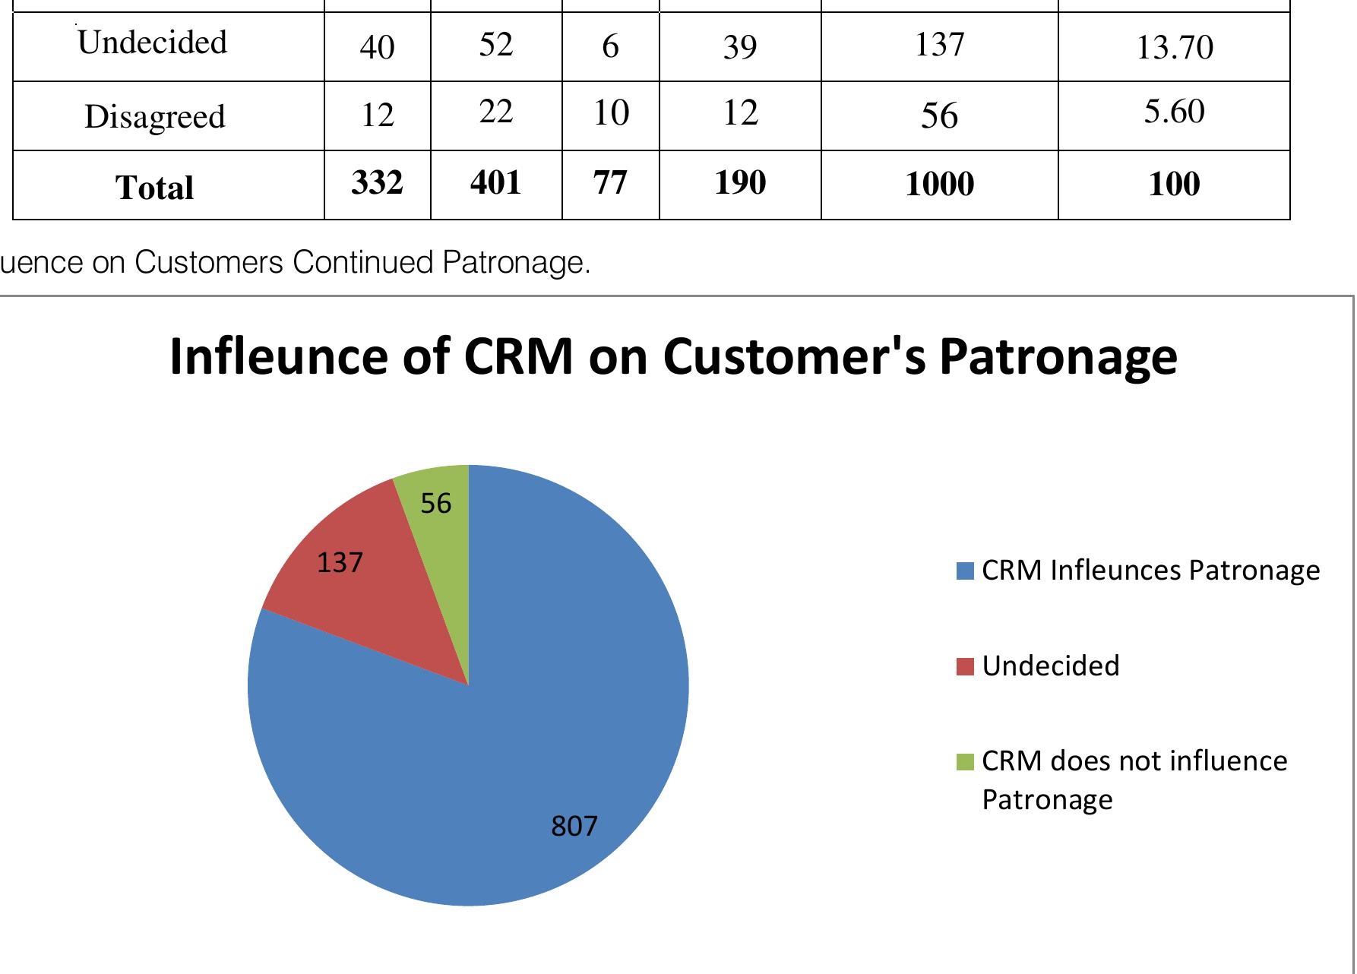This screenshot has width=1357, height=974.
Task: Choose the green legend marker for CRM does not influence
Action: (x=965, y=761)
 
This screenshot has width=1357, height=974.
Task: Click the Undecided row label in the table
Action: (x=153, y=43)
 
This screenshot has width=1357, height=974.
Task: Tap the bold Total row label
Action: (x=155, y=187)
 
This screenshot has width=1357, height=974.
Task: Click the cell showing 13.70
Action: (x=1174, y=47)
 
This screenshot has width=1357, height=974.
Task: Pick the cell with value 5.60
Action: (x=1174, y=112)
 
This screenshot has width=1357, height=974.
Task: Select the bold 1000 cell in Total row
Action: (x=939, y=185)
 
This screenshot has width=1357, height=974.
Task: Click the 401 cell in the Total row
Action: (x=495, y=183)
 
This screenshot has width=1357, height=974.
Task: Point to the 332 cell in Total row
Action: (x=377, y=183)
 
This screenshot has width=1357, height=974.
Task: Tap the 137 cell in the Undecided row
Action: (x=939, y=46)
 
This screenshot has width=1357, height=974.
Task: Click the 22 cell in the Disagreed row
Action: (x=495, y=112)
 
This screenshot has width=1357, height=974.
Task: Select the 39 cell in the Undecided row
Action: (x=739, y=47)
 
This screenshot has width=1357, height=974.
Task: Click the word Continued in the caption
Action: (x=364, y=262)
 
